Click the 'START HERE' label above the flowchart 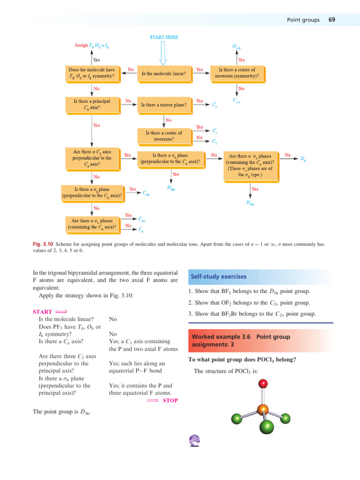point(164,37)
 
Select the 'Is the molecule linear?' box point(164,73)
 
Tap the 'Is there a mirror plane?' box point(164,105)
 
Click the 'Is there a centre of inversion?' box point(164,136)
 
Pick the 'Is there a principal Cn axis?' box point(92,104)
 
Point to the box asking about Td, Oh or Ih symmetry point(92,73)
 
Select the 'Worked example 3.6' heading point(240,341)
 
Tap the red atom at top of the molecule point(263,384)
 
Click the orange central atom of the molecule point(263,409)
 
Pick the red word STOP point(170,400)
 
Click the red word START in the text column point(43,311)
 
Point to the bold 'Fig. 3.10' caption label point(44,244)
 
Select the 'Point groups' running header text point(303,20)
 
